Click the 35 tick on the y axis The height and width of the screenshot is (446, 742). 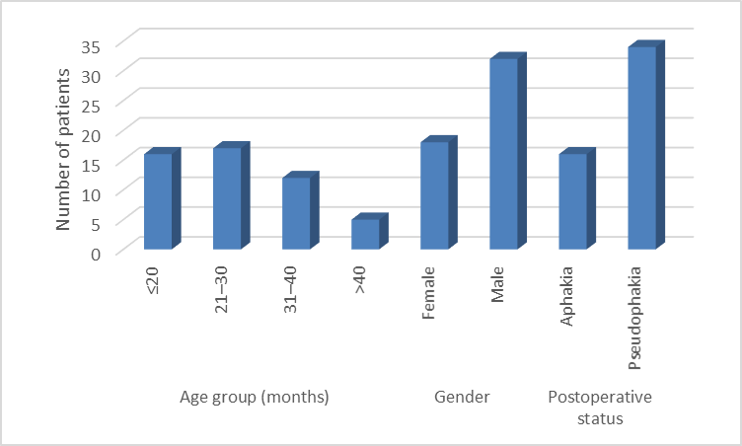pos(91,46)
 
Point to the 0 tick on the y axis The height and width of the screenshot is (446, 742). pos(96,254)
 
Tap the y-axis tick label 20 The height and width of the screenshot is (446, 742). pos(91,135)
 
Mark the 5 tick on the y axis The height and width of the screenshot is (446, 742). pos(96,224)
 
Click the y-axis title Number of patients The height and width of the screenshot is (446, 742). pos(62,150)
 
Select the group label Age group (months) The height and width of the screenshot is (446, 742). pos(255,397)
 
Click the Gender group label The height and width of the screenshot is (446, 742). pos(462,397)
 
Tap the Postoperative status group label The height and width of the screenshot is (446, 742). pos(600,408)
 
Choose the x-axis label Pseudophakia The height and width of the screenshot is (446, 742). pos(635,318)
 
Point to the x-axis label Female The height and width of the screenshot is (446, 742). pos(428,293)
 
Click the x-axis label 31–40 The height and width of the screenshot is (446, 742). pos(290,290)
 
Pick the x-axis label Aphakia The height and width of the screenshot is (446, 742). pos(566,296)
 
